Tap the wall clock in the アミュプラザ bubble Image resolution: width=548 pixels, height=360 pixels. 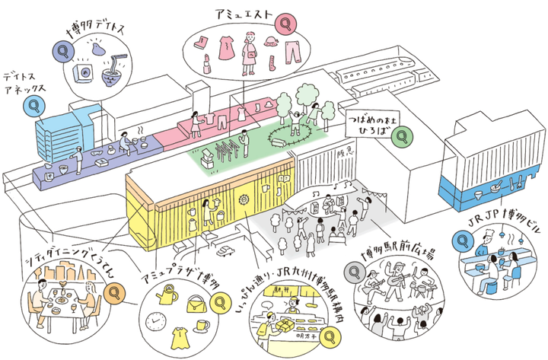154,322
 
